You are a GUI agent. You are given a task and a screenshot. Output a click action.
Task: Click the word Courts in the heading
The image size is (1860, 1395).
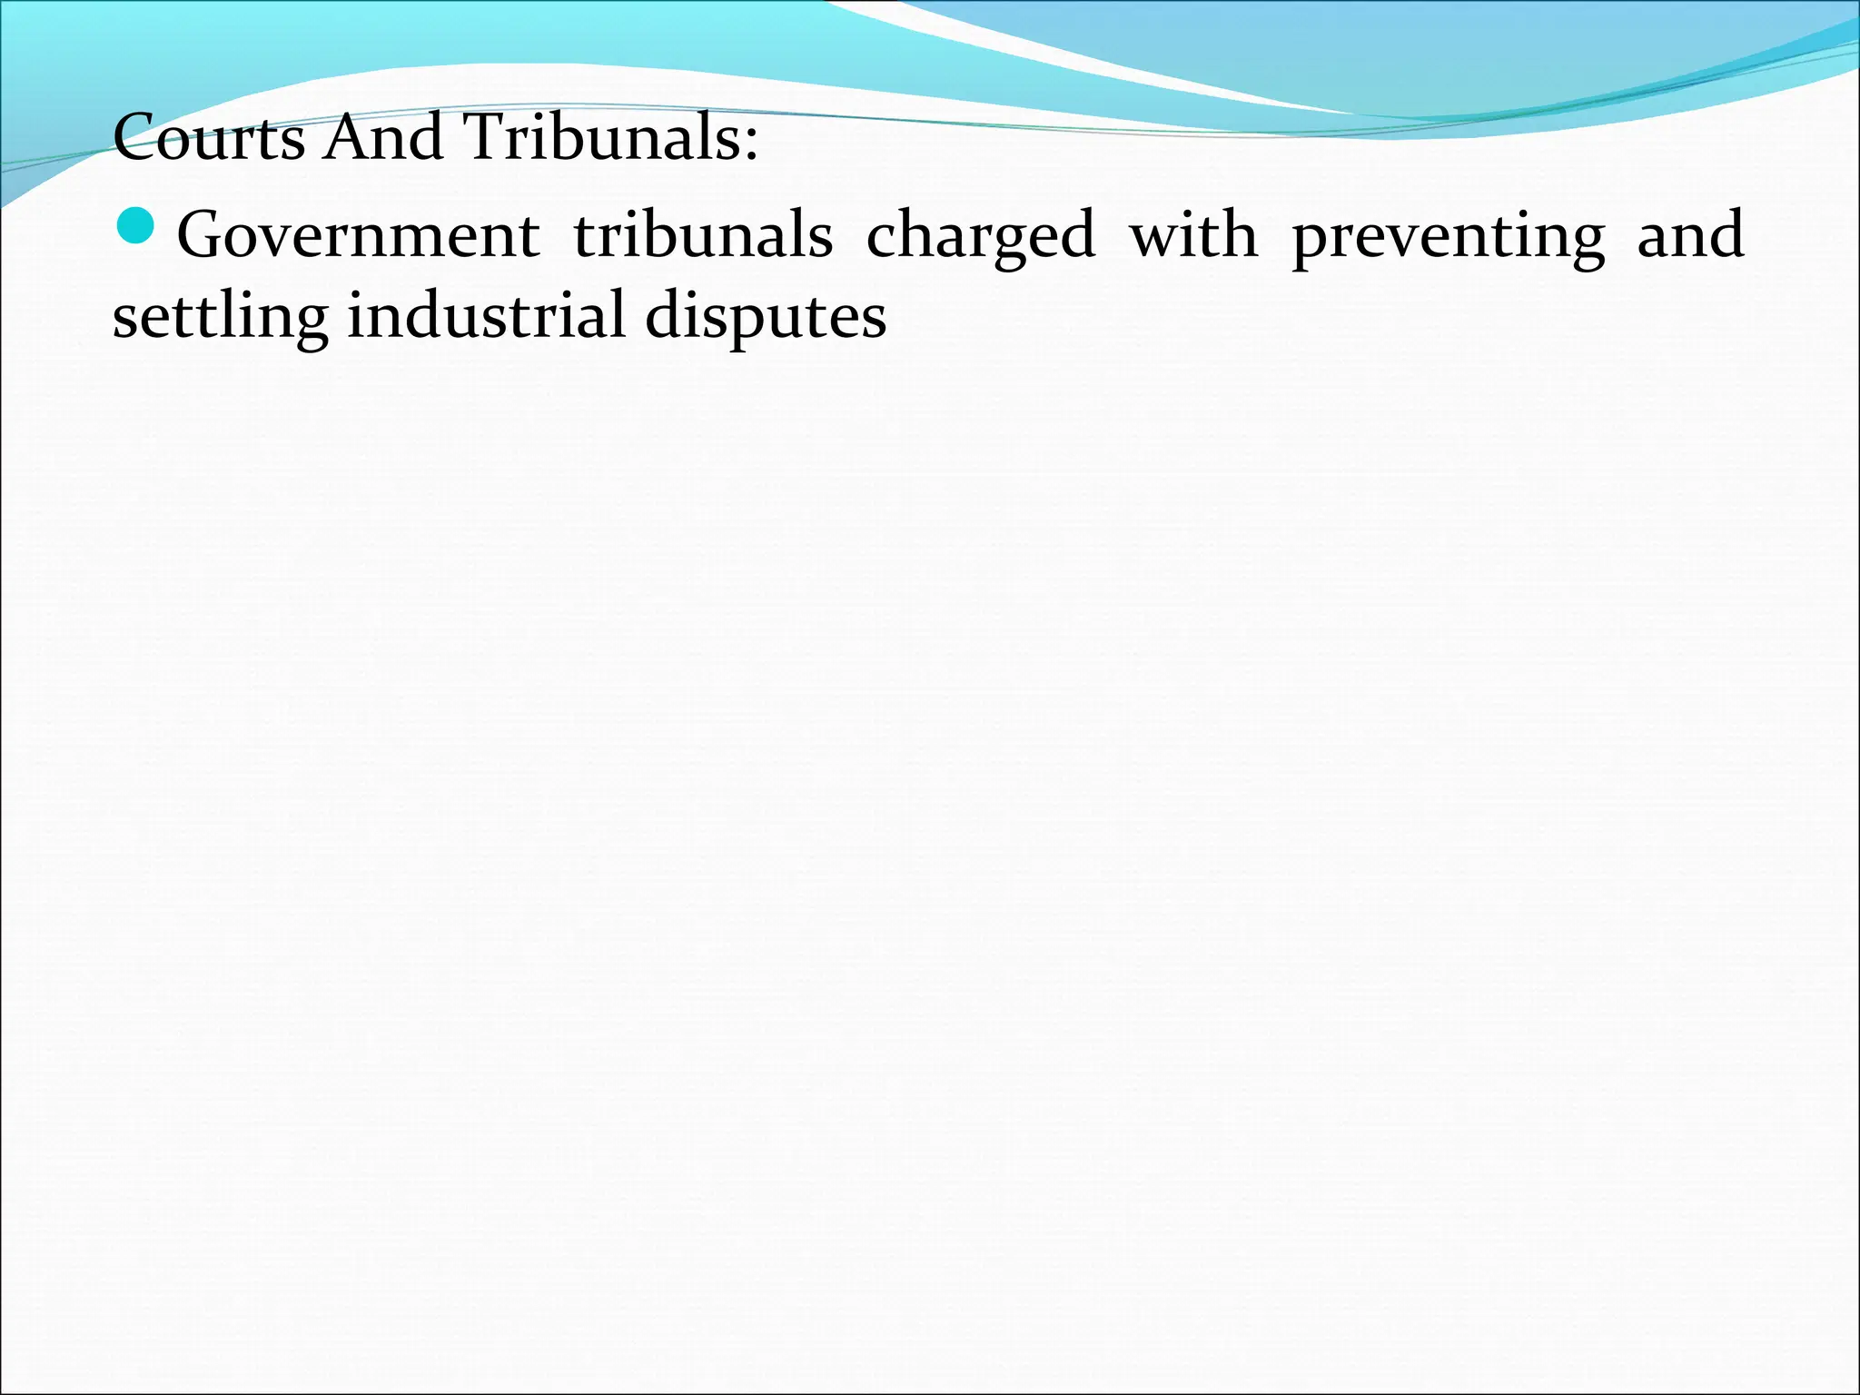point(208,138)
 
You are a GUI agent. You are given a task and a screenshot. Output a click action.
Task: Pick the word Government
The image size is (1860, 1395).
point(359,235)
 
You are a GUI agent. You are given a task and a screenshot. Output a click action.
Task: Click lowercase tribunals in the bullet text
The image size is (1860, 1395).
point(703,235)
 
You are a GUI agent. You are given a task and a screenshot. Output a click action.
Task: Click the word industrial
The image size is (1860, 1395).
point(487,314)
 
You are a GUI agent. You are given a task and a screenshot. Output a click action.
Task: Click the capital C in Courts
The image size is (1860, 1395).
point(134,138)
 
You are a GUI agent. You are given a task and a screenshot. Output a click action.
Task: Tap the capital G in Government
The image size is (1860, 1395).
point(204,234)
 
